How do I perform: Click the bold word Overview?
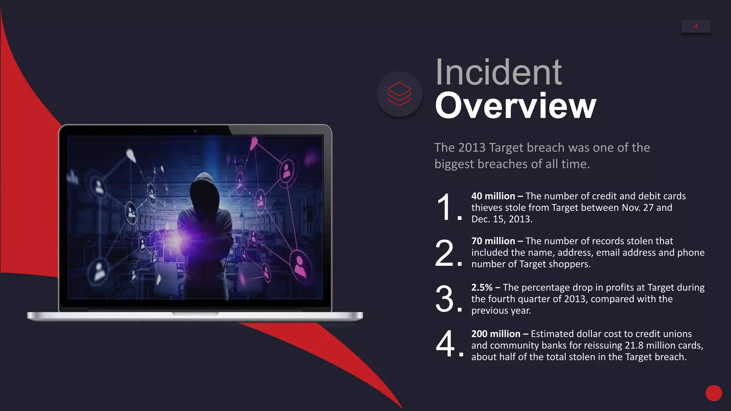click(515, 106)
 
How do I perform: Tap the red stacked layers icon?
click(399, 94)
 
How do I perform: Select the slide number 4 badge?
click(696, 26)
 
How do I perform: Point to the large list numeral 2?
click(445, 254)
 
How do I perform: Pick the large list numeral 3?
click(445, 299)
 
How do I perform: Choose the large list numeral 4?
click(445, 344)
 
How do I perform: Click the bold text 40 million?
click(493, 196)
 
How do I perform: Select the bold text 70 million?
click(493, 241)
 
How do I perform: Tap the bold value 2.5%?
click(482, 288)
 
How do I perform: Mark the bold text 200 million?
click(495, 334)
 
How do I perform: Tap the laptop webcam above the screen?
click(195, 131)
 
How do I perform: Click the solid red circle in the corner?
click(714, 393)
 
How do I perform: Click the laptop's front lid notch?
click(195, 314)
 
